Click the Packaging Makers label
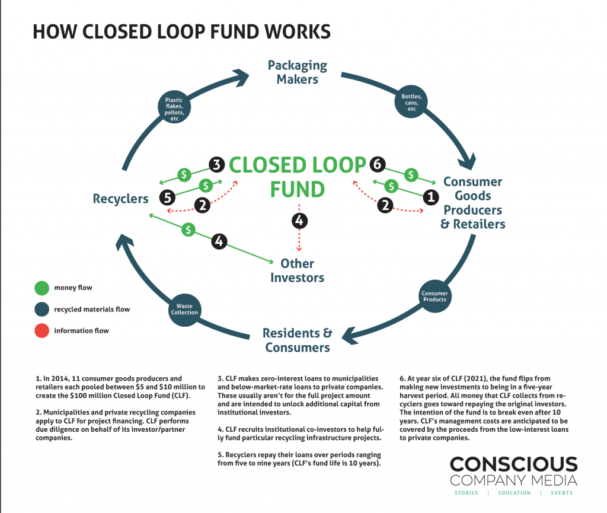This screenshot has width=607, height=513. [297, 72]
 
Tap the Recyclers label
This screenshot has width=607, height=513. [120, 199]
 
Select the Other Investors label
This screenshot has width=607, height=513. [297, 270]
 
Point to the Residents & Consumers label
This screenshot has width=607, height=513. [297, 340]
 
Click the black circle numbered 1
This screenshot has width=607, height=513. [432, 194]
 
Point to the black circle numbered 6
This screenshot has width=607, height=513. [377, 164]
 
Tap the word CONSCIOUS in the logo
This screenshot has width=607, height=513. [513, 464]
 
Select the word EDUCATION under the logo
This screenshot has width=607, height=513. [514, 493]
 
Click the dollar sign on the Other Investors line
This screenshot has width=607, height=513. [189, 228]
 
